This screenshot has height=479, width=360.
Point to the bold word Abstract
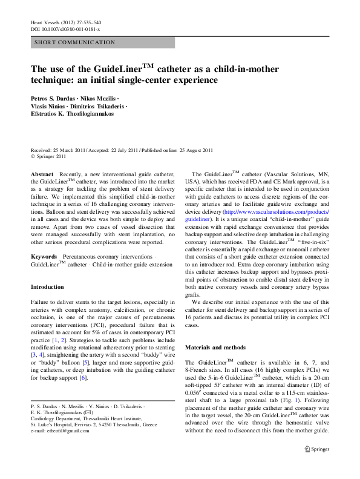pyautogui.click(x=42, y=174)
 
